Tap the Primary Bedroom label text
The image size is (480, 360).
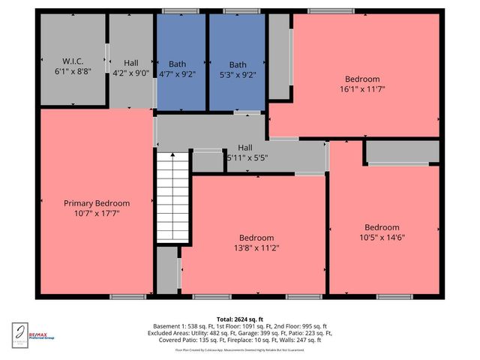tap(96, 203)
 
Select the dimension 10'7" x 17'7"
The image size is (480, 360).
tap(96, 213)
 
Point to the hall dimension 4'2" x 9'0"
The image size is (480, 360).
tap(131, 73)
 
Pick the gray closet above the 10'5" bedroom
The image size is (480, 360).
tap(403, 152)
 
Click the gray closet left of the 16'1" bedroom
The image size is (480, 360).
tap(279, 57)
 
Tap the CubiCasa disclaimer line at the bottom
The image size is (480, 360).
tap(239, 350)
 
